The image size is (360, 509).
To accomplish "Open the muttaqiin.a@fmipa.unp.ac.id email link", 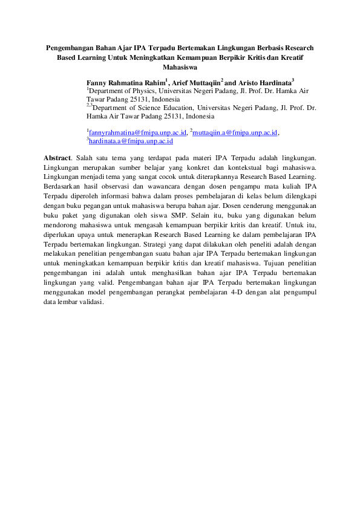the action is click(235, 132).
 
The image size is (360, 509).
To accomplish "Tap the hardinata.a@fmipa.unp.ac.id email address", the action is click(131, 141).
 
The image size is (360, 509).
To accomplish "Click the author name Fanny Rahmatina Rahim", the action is click(125, 80).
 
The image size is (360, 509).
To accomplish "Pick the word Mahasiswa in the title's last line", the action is click(180, 68).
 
